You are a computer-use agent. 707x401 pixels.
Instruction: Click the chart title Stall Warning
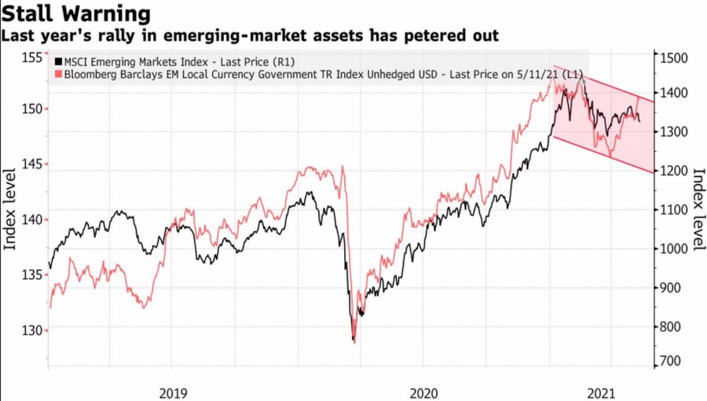[75, 13]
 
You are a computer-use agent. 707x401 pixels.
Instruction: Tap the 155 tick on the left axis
[31, 57]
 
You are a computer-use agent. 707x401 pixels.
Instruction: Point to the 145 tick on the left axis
[31, 164]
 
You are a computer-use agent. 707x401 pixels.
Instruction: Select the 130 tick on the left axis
[31, 330]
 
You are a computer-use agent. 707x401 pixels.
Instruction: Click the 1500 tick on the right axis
[674, 57]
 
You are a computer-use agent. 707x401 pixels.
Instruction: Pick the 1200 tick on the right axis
[674, 171]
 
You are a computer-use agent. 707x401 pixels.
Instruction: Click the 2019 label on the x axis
[173, 393]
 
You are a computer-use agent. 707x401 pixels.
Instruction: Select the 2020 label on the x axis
[424, 393]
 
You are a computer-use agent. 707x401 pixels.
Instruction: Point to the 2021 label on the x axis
[601, 393]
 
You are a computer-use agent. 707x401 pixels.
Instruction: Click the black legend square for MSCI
[58, 62]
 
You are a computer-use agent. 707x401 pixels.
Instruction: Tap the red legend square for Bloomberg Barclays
[58, 74]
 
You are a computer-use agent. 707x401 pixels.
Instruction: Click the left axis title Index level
[10, 209]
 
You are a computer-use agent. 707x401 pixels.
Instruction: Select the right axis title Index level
[698, 209]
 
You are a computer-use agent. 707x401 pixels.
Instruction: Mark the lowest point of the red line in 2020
[354, 343]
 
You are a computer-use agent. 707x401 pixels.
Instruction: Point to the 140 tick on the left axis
[31, 219]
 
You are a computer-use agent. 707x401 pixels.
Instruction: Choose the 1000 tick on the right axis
[674, 248]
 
